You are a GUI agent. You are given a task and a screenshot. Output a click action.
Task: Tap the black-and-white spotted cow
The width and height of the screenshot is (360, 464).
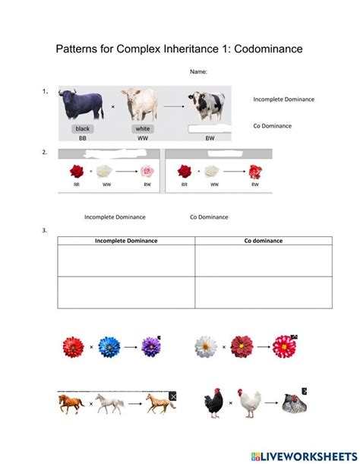(x=208, y=107)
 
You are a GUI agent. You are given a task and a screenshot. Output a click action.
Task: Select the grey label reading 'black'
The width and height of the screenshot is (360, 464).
(x=83, y=129)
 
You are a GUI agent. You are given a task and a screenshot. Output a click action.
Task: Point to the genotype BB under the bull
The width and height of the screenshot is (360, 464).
(x=83, y=140)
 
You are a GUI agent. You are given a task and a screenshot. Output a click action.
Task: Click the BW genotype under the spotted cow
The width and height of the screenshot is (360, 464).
(x=209, y=140)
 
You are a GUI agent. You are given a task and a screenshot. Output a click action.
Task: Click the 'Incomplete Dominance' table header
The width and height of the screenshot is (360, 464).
(x=126, y=241)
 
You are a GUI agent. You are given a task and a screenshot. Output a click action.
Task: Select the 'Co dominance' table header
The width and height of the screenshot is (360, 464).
(x=263, y=241)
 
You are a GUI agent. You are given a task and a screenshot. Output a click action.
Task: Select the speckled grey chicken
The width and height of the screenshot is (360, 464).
(x=292, y=404)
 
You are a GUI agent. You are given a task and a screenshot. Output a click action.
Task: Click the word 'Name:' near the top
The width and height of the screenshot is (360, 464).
(x=198, y=71)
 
